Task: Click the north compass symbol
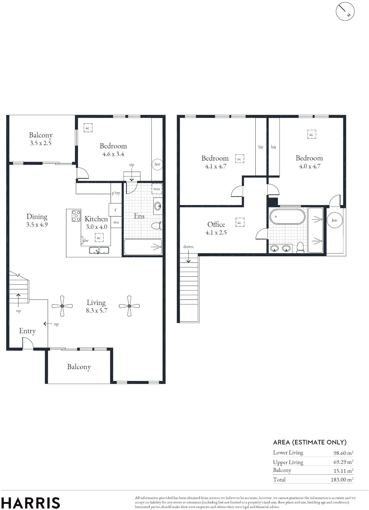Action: [345, 11]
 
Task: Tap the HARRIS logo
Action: [30, 503]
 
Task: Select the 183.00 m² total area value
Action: [342, 480]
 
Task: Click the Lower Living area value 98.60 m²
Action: [343, 453]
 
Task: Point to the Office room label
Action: [216, 224]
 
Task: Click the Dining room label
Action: [37, 217]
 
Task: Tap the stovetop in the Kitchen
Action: [76, 216]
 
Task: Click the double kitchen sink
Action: [99, 250]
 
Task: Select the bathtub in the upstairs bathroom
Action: [287, 216]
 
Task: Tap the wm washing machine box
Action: [157, 189]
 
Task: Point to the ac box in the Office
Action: [240, 222]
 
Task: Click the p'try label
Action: [116, 193]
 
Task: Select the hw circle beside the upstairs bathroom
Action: [334, 220]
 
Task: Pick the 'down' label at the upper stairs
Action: [188, 247]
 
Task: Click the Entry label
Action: [27, 331]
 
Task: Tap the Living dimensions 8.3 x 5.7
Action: [97, 310]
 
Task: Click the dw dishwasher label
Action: [86, 240]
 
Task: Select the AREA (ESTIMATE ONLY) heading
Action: [310, 442]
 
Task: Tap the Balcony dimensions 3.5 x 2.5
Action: [41, 143]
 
